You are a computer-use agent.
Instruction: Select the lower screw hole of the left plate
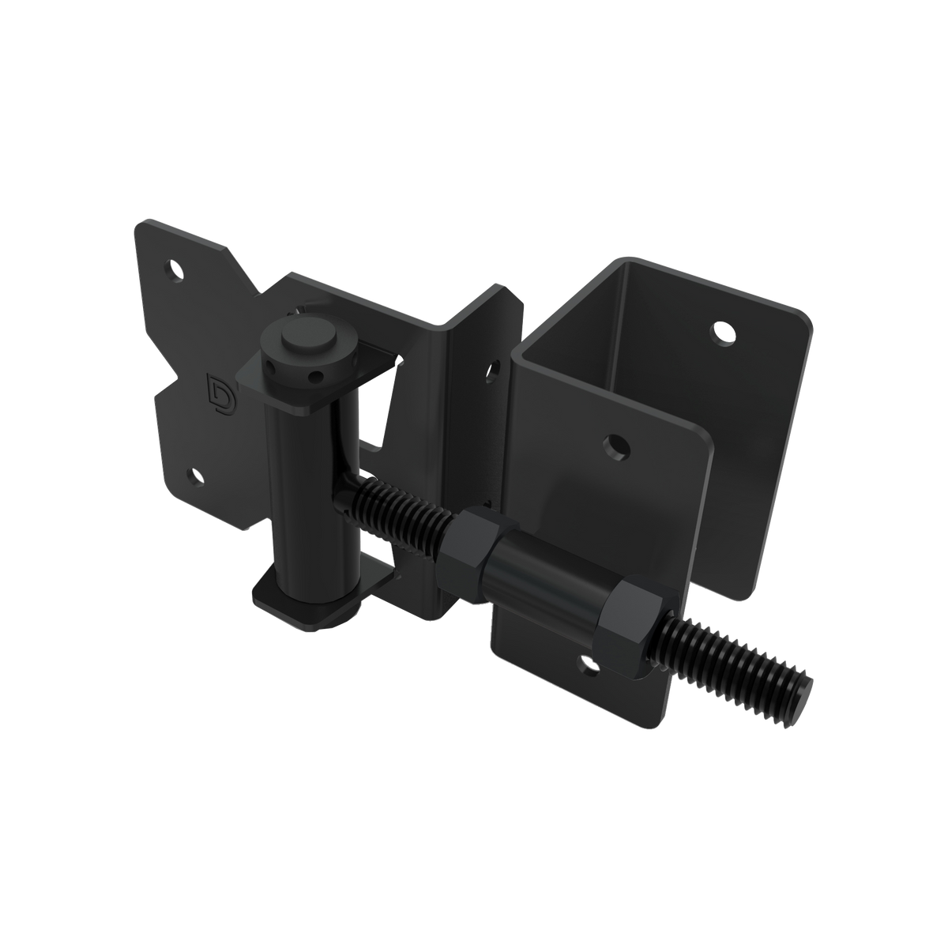pos(194,476)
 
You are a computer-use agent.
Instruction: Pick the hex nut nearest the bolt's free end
pos(632,624)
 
